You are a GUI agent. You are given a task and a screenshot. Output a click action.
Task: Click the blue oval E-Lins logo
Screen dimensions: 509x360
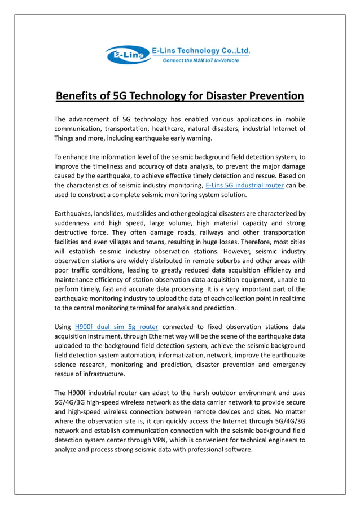[127, 55]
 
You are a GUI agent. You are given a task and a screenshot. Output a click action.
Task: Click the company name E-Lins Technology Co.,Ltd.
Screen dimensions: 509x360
[201, 51]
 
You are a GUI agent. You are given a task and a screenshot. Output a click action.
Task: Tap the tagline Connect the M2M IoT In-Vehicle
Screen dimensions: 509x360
[205, 60]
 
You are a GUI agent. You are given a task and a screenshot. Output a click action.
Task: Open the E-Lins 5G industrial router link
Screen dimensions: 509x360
[244, 185]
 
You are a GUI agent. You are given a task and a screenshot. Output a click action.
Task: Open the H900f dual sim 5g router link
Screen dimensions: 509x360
[116, 326]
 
